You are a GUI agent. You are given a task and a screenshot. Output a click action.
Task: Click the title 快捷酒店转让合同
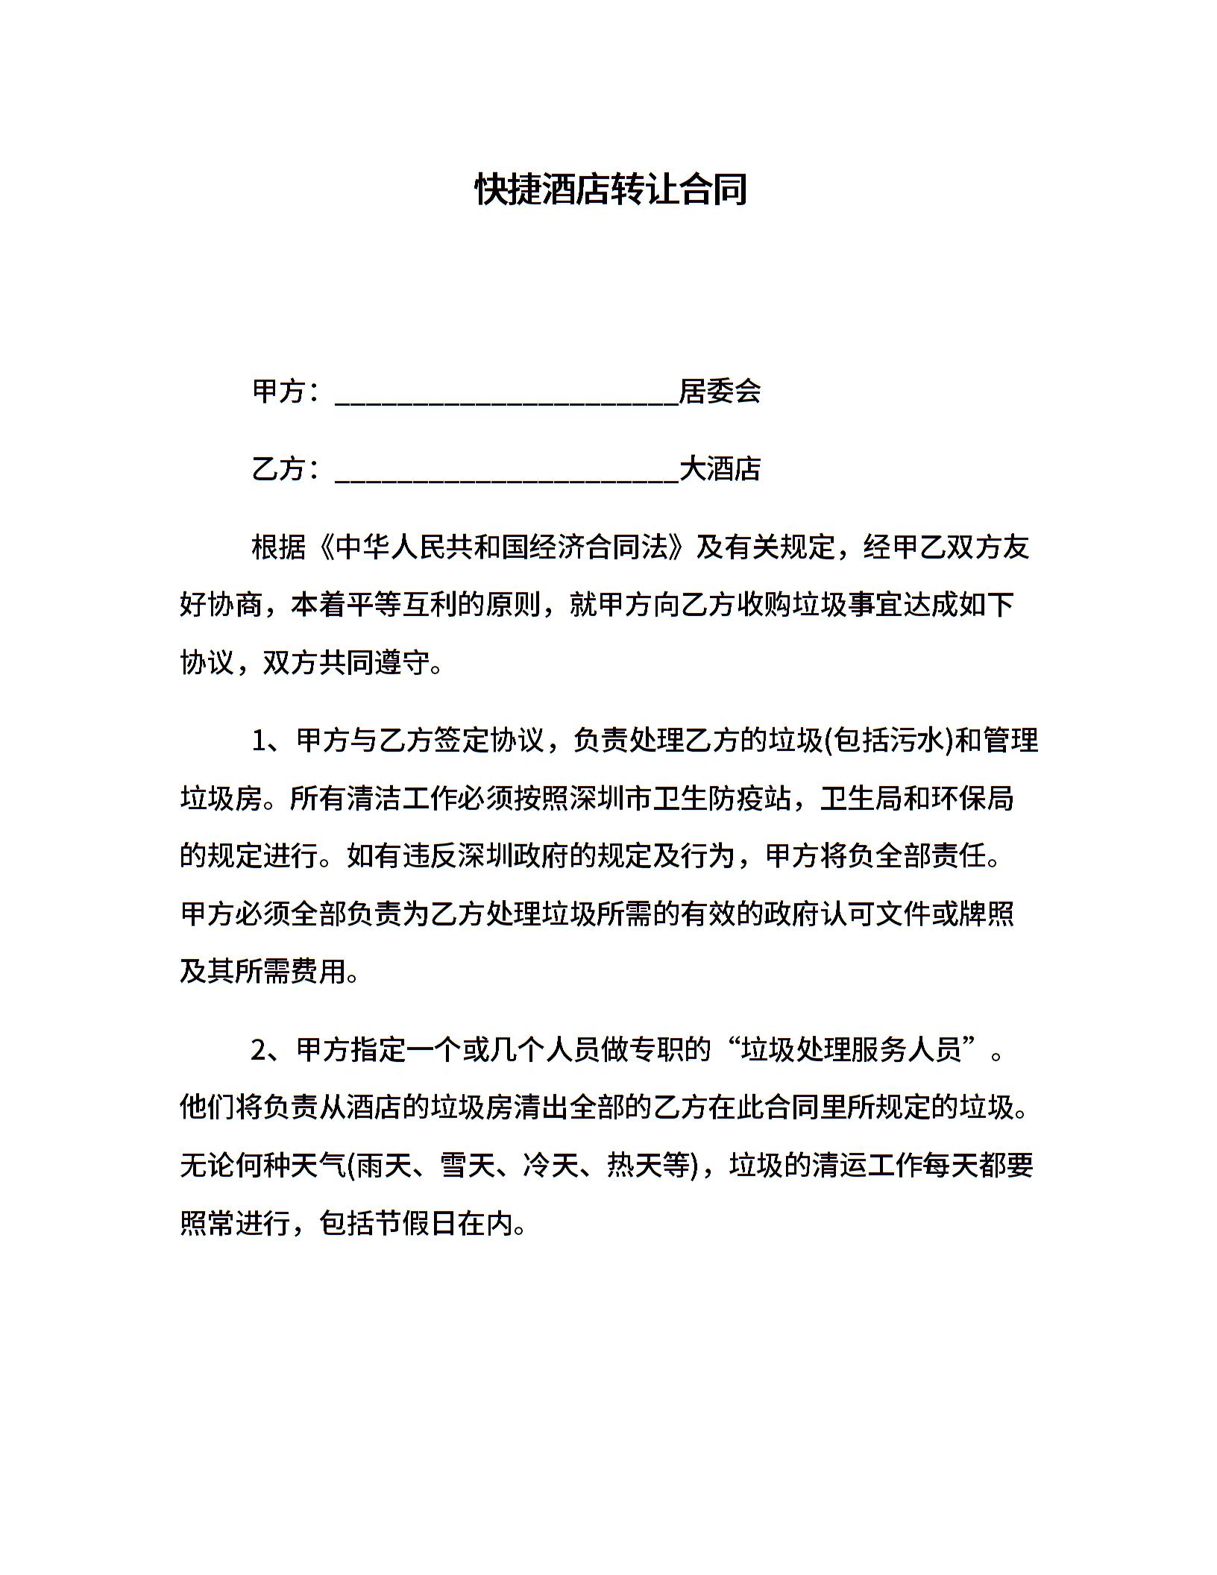611,190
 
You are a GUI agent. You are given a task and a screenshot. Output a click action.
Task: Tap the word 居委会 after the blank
720,391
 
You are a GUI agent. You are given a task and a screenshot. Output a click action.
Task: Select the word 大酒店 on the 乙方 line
720,468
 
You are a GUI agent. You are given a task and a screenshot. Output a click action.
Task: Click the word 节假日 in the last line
389,1223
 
